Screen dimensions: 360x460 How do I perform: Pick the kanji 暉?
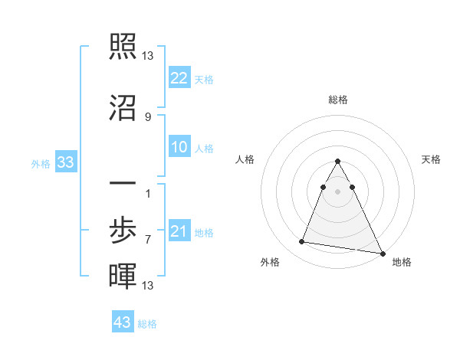click(123, 276)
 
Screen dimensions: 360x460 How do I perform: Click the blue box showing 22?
click(179, 78)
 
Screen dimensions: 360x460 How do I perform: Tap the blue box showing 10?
click(179, 147)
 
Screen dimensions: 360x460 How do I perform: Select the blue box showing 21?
click(179, 231)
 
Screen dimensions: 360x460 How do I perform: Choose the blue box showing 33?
click(65, 162)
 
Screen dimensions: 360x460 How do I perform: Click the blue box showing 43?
click(123, 322)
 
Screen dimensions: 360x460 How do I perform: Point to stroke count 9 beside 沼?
click(147, 116)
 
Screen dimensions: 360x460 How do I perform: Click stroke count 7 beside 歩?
click(147, 239)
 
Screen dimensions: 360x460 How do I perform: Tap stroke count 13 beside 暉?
click(147, 286)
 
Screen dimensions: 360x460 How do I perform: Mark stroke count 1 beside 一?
click(147, 193)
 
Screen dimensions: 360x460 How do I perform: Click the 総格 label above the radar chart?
click(338, 100)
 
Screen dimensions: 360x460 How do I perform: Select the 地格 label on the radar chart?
click(402, 262)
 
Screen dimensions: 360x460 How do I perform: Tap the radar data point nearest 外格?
click(301, 242)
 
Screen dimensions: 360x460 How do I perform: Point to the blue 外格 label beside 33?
click(41, 163)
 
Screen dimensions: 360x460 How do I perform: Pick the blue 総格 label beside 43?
click(147, 324)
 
